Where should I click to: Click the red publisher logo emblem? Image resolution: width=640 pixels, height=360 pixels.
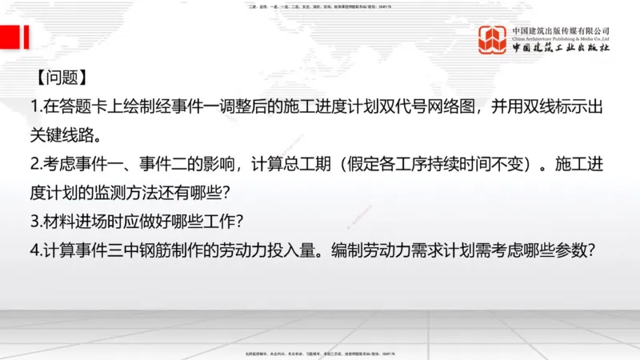(493, 40)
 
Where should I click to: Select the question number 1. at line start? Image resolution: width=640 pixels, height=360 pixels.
(37, 106)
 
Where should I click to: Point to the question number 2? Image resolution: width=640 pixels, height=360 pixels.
(37, 166)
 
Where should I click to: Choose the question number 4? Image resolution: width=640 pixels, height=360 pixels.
(37, 250)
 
